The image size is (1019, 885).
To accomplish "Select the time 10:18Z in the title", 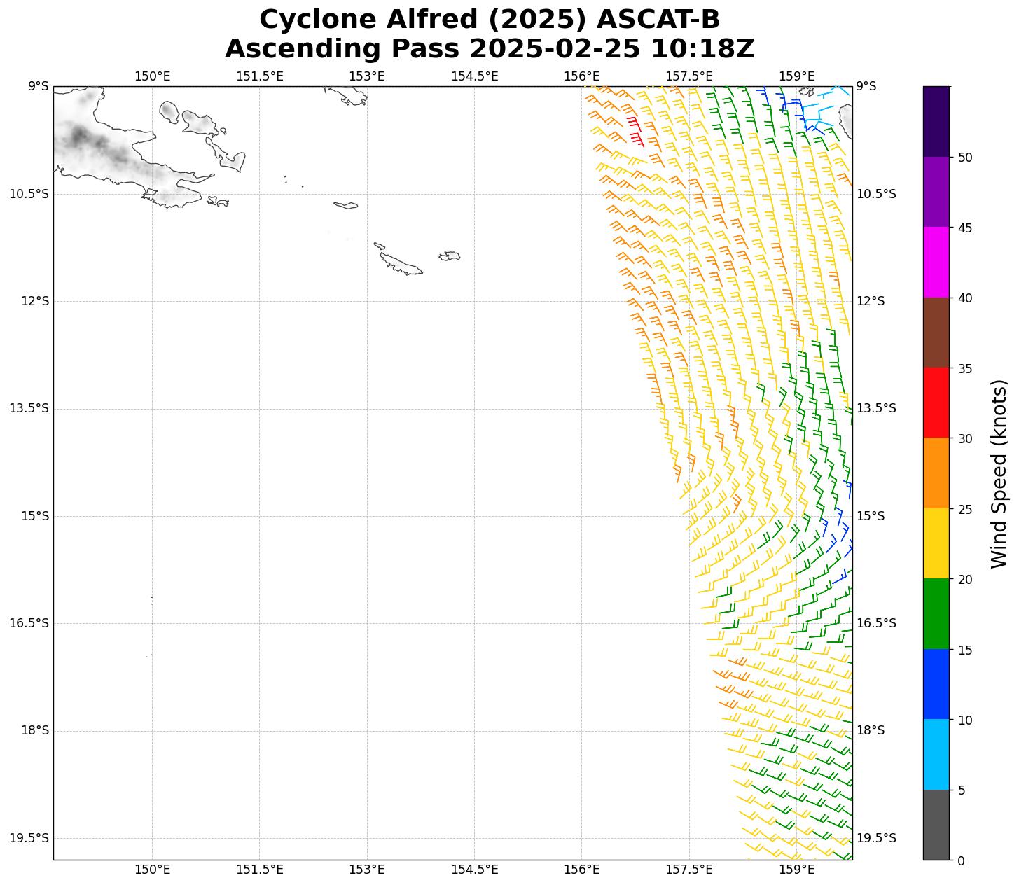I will click(x=702, y=49).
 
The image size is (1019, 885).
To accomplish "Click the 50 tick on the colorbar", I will click(x=965, y=158).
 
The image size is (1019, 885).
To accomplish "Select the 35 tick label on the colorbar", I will click(x=965, y=368).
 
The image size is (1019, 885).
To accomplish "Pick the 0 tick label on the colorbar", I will click(x=961, y=860).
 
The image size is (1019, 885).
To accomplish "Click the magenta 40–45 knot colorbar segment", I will click(x=936, y=263).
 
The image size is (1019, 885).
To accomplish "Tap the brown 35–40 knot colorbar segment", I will click(x=936, y=333).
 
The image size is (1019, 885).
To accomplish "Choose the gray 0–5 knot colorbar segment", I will click(x=936, y=825).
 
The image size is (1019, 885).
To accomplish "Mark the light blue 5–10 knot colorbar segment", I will click(x=936, y=755).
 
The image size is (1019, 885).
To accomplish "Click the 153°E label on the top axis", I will click(x=367, y=76).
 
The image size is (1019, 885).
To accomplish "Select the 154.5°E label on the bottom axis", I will click(x=474, y=870).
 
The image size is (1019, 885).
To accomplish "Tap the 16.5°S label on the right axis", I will click(x=876, y=623).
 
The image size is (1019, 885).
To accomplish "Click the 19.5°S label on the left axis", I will click(x=29, y=838).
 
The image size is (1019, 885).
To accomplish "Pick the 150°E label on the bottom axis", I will click(x=152, y=870).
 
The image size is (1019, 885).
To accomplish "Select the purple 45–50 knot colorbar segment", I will click(x=936, y=192).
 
